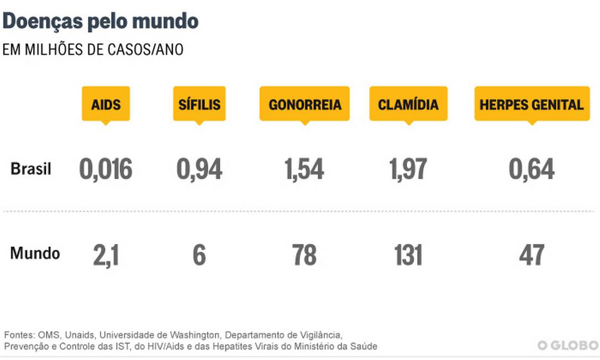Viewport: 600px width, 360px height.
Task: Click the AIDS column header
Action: point(106,104)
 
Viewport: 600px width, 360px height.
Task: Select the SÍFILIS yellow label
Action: point(199,104)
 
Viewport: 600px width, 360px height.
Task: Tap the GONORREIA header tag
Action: point(304,104)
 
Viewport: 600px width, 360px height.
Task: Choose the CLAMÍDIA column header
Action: point(408,104)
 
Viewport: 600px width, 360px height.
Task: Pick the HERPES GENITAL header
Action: point(531,104)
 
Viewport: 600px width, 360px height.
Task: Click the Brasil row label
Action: point(31,169)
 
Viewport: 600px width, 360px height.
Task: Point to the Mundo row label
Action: point(35,254)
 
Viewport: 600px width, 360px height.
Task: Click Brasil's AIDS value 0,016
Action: point(106,169)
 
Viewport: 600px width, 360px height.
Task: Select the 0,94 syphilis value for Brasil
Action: point(199,169)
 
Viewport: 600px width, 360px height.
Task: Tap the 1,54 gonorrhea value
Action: point(304,169)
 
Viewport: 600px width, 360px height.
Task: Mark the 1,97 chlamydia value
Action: point(408,169)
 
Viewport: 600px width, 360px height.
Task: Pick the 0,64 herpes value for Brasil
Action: point(531,169)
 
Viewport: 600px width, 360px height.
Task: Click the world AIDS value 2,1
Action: point(106,255)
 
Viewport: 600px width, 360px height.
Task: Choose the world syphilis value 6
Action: point(199,255)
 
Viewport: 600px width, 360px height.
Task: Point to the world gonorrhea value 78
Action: point(304,255)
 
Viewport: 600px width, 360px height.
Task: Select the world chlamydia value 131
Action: point(408,255)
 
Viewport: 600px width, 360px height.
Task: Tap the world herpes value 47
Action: point(531,255)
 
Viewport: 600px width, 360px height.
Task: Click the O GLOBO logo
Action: point(567,345)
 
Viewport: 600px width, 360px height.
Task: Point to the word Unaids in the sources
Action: point(78,335)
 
